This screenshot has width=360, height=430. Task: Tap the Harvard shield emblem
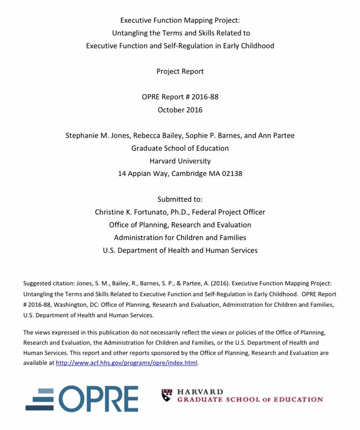167,395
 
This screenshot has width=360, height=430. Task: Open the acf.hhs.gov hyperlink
127,363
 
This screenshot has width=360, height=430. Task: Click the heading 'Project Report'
180,72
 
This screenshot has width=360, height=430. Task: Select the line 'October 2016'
180,110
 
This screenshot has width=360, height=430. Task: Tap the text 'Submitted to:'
180,199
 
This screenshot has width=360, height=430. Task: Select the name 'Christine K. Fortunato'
131,212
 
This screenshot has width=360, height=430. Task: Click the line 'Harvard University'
180,161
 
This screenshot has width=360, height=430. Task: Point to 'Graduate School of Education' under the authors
180,148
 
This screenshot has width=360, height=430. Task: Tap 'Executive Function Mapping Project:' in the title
180,20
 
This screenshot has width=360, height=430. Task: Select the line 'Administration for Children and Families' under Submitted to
180,238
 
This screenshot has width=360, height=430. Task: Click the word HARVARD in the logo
200,392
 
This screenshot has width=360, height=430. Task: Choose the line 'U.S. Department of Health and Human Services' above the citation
180,250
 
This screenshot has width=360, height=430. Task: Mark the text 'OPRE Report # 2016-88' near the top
180,97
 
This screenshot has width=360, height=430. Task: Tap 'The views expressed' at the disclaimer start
50,333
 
